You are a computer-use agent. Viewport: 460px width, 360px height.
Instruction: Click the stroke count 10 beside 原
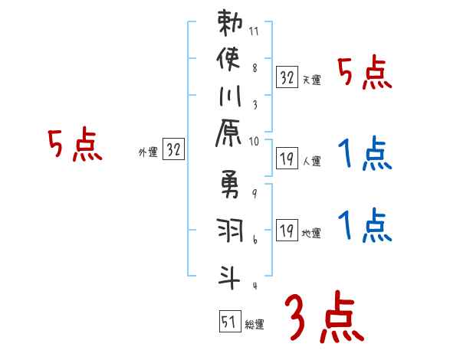[x=255, y=140]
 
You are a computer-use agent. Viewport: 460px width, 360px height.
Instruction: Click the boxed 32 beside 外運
[x=174, y=150]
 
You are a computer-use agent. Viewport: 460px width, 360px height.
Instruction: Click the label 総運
[x=255, y=325]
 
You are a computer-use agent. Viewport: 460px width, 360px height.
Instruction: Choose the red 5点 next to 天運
[x=363, y=73]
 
